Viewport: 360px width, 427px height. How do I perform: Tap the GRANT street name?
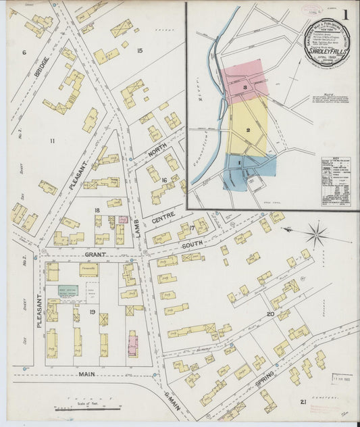tap(92, 255)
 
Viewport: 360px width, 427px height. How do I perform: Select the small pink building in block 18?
tap(123, 220)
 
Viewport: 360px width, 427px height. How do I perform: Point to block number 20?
tap(270, 314)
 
